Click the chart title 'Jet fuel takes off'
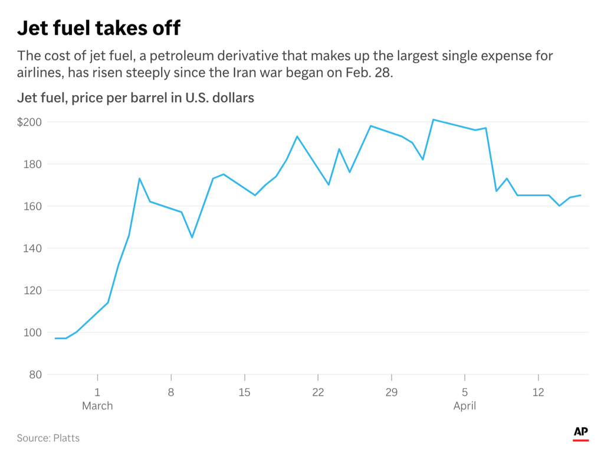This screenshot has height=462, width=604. coord(99,27)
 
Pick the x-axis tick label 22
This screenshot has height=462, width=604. coord(318,392)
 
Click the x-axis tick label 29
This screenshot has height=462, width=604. coord(391,392)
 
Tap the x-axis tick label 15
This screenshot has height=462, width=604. coord(244,392)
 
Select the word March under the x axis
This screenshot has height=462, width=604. coord(97,406)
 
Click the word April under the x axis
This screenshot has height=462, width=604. coord(464,406)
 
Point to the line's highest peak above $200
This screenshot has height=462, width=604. coord(433,119)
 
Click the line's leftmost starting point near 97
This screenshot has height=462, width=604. coord(55,339)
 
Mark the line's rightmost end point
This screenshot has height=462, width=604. coord(580,196)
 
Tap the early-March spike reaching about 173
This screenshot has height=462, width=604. coord(139,178)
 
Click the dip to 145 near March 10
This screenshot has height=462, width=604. coord(192,237)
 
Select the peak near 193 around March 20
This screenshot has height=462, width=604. coord(297,136)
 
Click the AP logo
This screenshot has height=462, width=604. coord(580,433)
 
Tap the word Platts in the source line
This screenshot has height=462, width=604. coord(66,438)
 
